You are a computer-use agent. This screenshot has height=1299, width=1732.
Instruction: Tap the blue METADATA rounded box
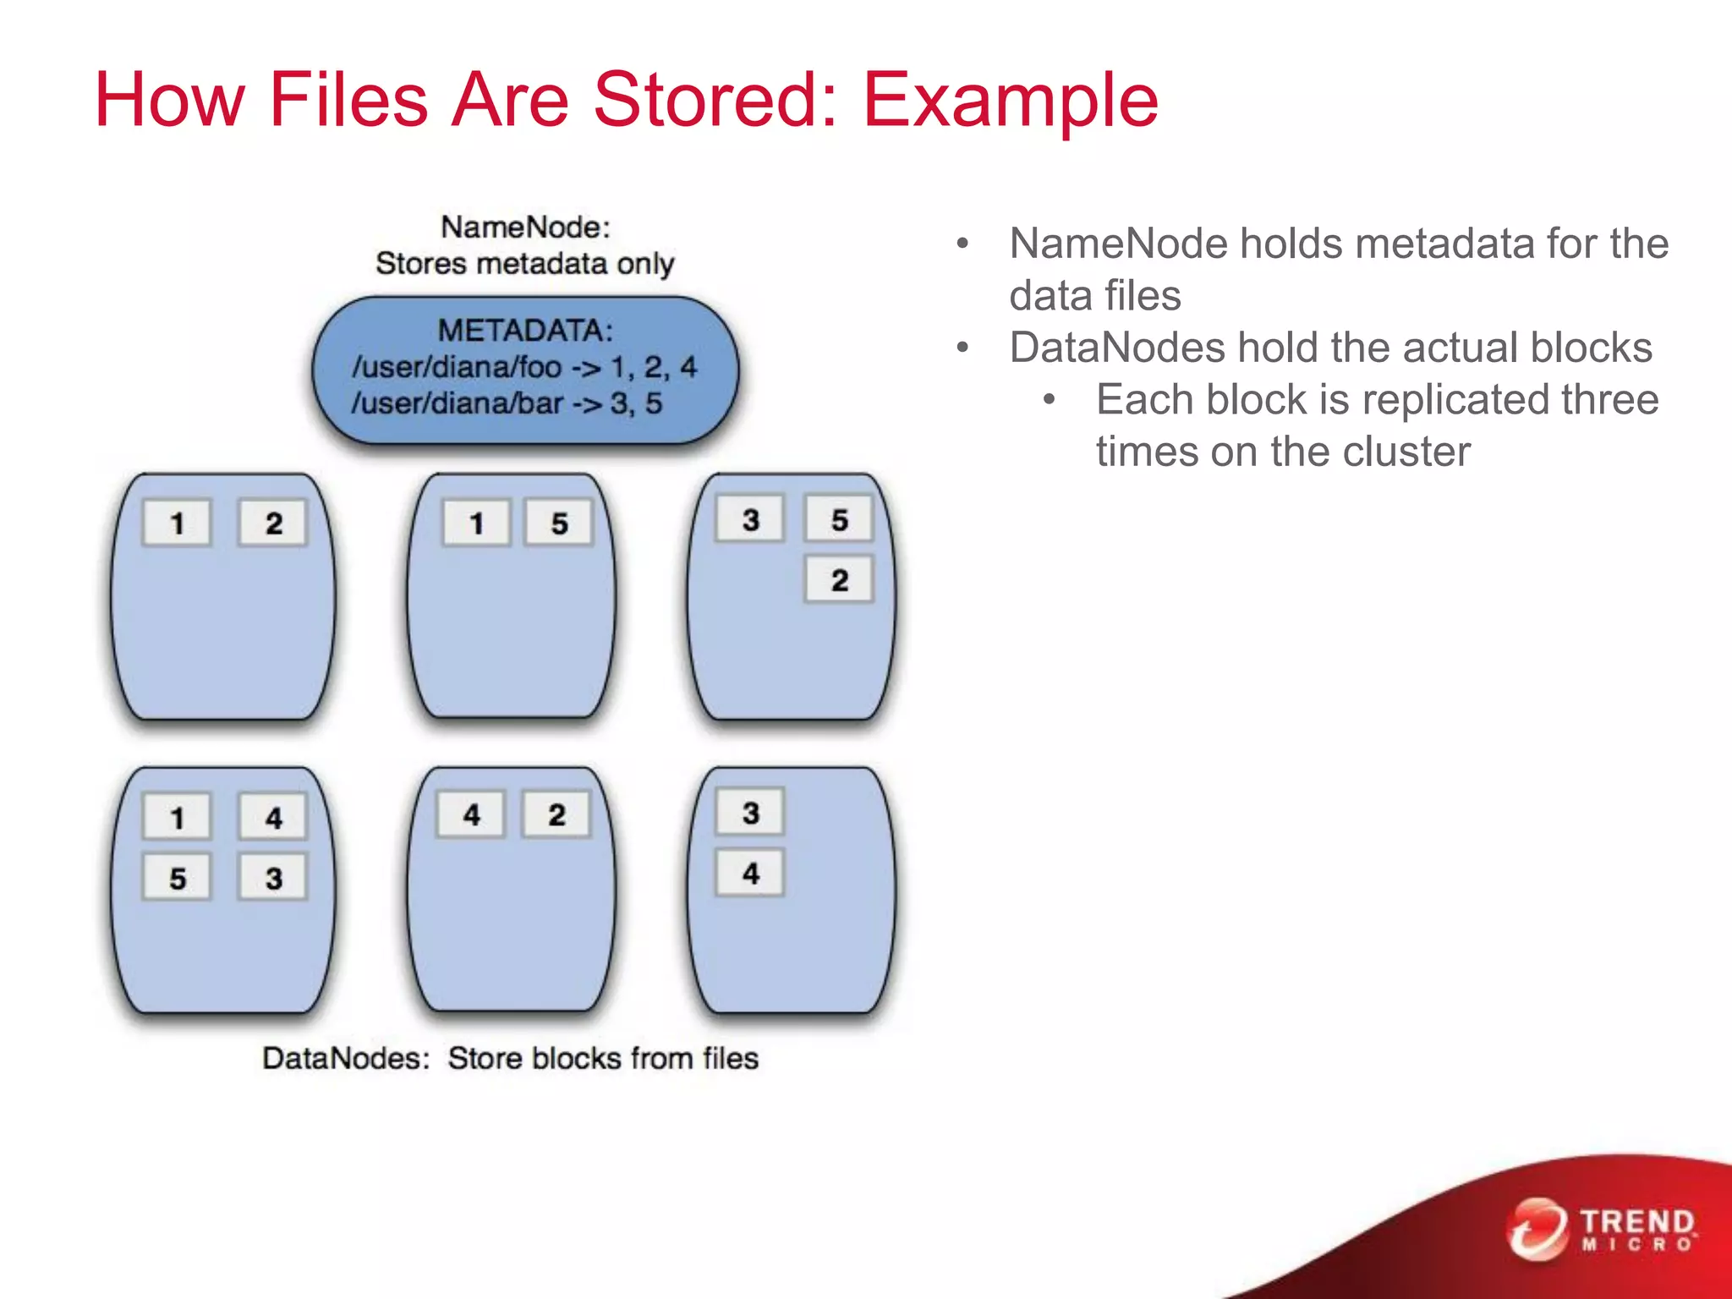pyautogui.click(x=525, y=370)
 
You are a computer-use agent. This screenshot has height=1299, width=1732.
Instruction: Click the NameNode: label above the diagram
pyautogui.click(x=525, y=227)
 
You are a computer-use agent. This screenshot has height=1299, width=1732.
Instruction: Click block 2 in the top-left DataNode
pyautogui.click(x=272, y=523)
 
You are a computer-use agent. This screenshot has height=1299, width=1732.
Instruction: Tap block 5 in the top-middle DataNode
pyautogui.click(x=559, y=523)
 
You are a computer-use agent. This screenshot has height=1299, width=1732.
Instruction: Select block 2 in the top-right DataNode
pyautogui.click(x=839, y=580)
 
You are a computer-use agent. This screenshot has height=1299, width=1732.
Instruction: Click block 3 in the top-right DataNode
pyautogui.click(x=750, y=519)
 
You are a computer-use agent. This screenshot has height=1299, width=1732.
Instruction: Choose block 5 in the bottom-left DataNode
pyautogui.click(x=177, y=878)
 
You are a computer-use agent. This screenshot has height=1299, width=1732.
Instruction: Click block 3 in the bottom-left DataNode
pyautogui.click(x=272, y=878)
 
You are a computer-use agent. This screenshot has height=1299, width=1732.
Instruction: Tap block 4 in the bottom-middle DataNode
pyautogui.click(x=471, y=814)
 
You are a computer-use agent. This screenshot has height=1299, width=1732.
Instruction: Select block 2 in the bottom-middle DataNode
pyautogui.click(x=556, y=814)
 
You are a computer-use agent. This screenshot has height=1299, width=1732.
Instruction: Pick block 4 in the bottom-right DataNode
pyautogui.click(x=750, y=873)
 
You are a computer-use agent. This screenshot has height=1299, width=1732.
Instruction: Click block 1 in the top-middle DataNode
pyautogui.click(x=476, y=523)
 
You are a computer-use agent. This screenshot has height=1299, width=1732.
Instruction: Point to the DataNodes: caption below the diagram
pyautogui.click(x=346, y=1058)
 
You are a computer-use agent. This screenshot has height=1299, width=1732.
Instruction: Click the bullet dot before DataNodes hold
pyautogui.click(x=962, y=348)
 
